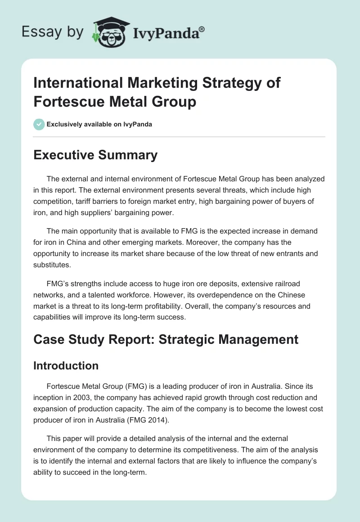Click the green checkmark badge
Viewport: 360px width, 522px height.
pos(39,124)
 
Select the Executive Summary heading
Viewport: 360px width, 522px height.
pos(95,155)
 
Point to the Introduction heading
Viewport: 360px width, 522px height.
pos(66,366)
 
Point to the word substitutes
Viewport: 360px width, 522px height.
pos(53,265)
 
